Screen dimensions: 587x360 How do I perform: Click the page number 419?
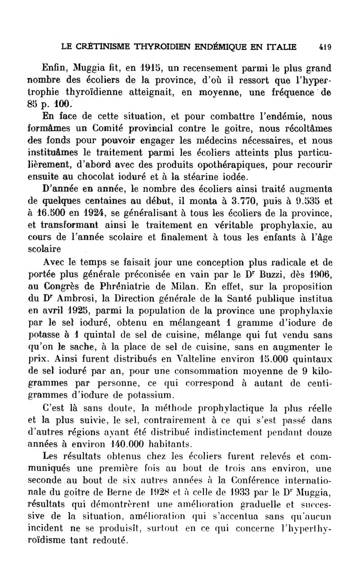(x=324, y=46)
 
